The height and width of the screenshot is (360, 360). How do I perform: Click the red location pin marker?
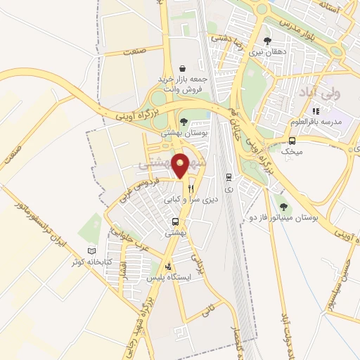(181, 165)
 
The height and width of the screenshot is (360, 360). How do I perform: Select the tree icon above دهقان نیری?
(266, 40)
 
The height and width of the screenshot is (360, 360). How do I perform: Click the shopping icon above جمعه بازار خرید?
(183, 68)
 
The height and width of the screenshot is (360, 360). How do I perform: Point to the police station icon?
(168, 267)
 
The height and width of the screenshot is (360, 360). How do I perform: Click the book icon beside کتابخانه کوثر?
(91, 250)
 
